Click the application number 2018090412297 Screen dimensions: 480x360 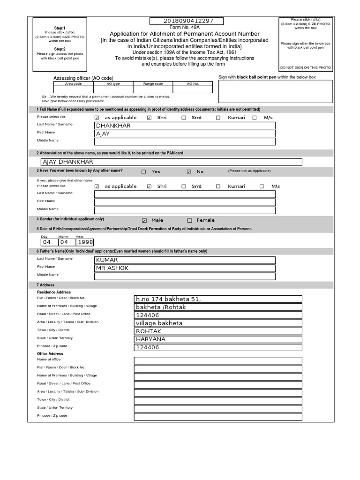coord(187,21)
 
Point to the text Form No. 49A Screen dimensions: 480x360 coord(187,28)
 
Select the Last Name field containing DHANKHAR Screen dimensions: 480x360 coord(185,126)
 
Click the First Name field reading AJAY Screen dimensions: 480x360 coord(185,134)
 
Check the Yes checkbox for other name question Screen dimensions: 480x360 coord(144,172)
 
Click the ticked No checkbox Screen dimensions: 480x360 coord(189,172)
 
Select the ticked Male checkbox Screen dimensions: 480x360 coord(144,220)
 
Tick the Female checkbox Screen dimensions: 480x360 coord(189,220)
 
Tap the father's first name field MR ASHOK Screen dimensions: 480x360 coord(185,268)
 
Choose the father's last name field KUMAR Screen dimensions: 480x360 coord(185,260)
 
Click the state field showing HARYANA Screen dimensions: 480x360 coord(218,339)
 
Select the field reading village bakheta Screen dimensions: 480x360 coord(218,323)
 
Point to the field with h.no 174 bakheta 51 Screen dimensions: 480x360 coord(218,299)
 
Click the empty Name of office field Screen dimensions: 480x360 coord(218,360)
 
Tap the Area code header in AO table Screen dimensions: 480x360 coord(73,83)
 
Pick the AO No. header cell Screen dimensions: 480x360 coord(193,83)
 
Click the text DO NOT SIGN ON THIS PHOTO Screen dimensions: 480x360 coord(306,67)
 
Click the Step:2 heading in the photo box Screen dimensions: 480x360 coord(60,49)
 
